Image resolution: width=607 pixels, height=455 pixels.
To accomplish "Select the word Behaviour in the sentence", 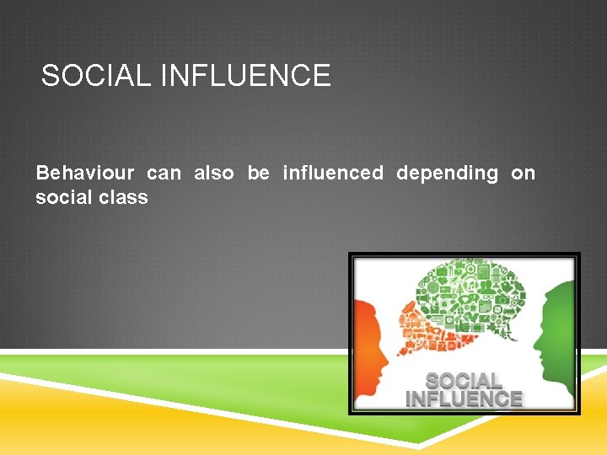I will pyautogui.click(x=84, y=174).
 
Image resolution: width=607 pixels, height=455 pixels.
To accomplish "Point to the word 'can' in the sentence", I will pyautogui.click(x=164, y=174).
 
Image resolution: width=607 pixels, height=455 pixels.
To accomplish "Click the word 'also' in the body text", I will pyautogui.click(x=214, y=174).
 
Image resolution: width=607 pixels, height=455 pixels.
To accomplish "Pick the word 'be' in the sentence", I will pyautogui.click(x=258, y=174).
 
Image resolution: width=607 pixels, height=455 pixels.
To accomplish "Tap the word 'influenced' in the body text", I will pyautogui.click(x=333, y=174).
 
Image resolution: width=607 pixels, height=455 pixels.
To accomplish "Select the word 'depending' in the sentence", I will pyautogui.click(x=448, y=174).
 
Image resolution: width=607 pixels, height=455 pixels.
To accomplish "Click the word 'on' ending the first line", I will pyautogui.click(x=524, y=174).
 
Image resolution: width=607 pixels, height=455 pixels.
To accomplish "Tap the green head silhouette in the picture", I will pyautogui.click(x=556, y=337).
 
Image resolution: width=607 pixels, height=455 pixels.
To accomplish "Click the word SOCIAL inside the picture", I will pyautogui.click(x=464, y=381).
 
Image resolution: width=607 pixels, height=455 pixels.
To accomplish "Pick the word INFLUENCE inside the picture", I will pyautogui.click(x=464, y=399).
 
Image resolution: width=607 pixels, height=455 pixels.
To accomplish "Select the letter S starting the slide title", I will pyautogui.click(x=49, y=77).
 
